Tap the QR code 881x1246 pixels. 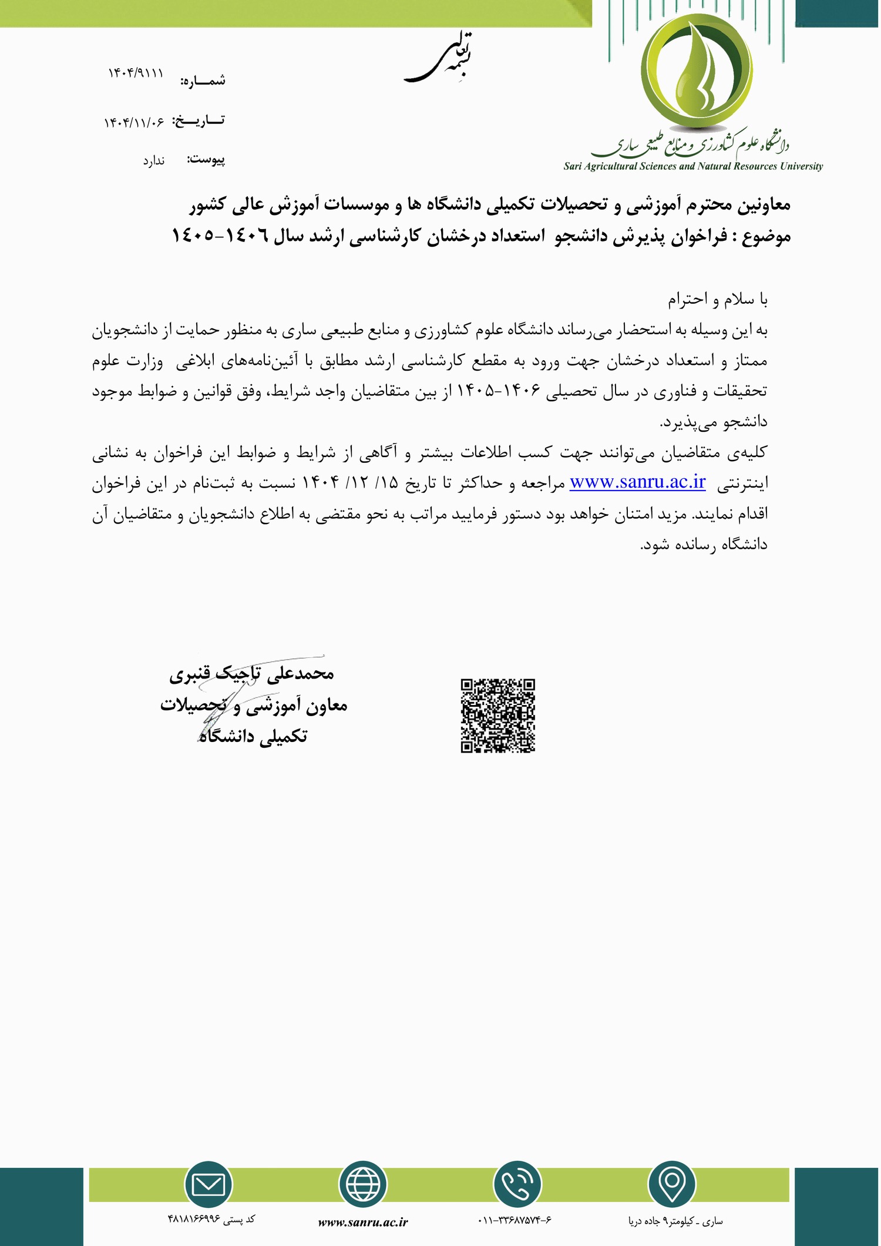click(497, 716)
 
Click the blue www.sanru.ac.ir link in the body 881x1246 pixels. click(637, 482)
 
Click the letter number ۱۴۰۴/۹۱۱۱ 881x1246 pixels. click(136, 72)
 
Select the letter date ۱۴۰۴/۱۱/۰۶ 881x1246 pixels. click(134, 122)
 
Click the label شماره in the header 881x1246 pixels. click(203, 81)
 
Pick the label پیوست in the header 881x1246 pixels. click(206, 159)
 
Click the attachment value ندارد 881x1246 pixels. click(154, 160)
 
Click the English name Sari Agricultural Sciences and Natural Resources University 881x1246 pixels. click(693, 166)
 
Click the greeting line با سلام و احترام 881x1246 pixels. click(717, 300)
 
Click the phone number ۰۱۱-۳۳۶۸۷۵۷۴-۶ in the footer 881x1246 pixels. click(515, 1220)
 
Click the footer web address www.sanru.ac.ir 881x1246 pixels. click(363, 1222)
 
